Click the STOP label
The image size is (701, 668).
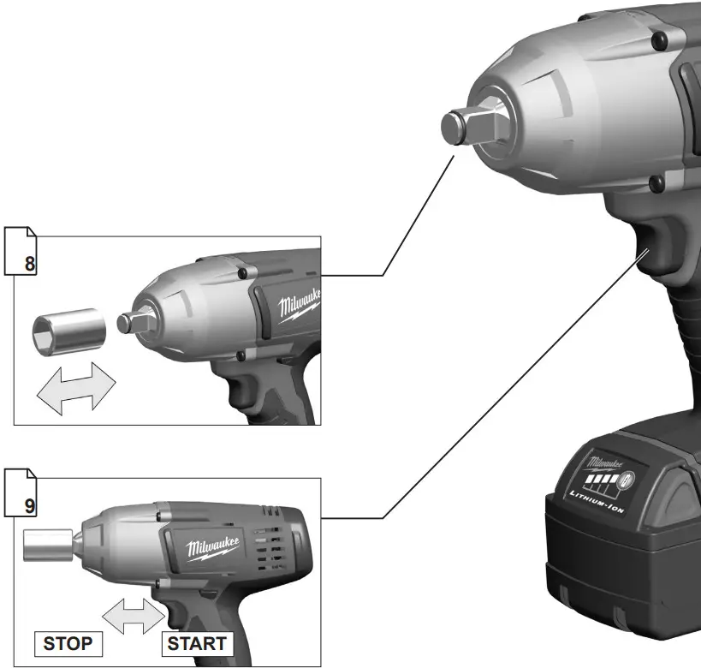pyautogui.click(x=68, y=643)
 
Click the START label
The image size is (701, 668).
pyautogui.click(x=197, y=643)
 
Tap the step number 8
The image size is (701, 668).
pyautogui.click(x=30, y=264)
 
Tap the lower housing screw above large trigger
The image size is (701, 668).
pyautogui.click(x=656, y=182)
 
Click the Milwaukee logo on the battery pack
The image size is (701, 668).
pyautogui.click(x=606, y=463)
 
